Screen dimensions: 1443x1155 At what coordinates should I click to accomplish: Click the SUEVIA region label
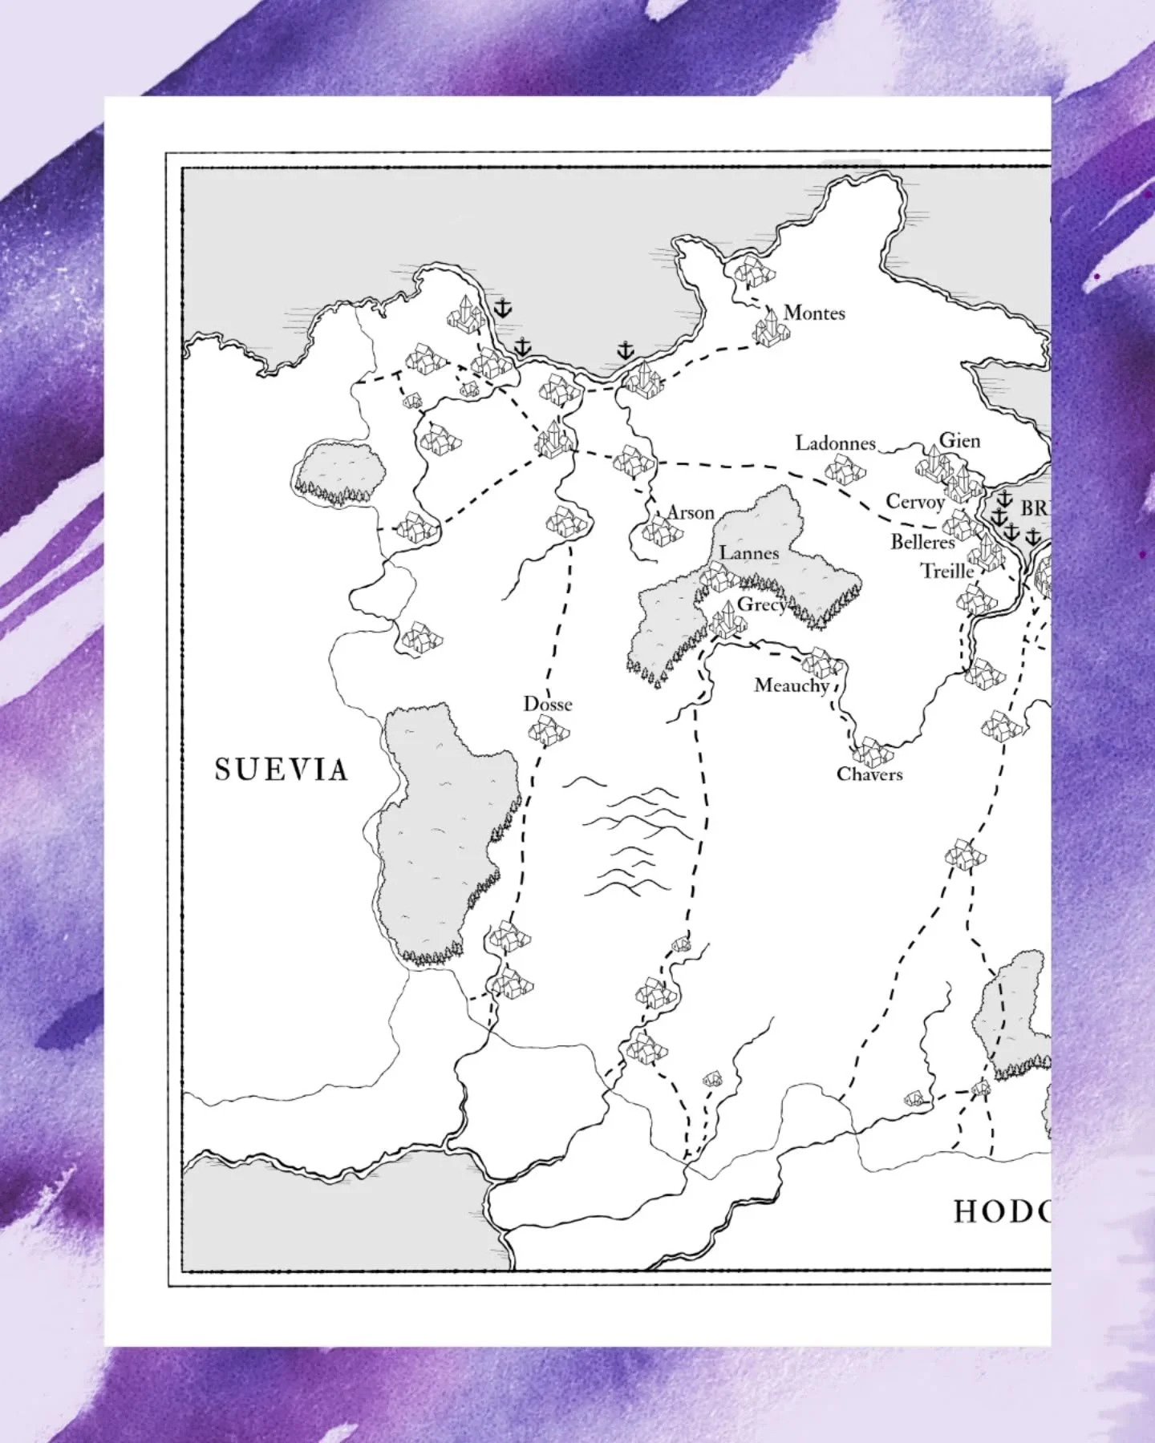pyautogui.click(x=282, y=770)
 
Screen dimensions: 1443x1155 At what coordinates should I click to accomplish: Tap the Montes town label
pyautogui.click(x=814, y=313)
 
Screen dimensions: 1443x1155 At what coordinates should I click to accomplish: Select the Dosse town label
pyautogui.click(x=548, y=704)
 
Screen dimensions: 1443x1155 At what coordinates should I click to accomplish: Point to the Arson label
pyautogui.click(x=691, y=512)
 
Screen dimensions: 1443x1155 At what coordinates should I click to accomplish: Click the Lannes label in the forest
pyautogui.click(x=749, y=552)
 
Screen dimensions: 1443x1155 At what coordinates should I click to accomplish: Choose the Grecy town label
pyautogui.click(x=761, y=604)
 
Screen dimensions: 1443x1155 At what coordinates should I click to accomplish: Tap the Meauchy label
pyautogui.click(x=791, y=685)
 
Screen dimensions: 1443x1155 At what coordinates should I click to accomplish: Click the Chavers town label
pyautogui.click(x=869, y=774)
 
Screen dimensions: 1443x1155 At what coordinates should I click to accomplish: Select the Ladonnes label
pyautogui.click(x=835, y=443)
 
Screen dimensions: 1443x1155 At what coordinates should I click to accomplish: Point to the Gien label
pyautogui.click(x=959, y=440)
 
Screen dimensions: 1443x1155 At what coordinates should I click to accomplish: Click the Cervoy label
pyautogui.click(x=915, y=502)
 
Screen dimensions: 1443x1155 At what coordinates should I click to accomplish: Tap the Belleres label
pyautogui.click(x=922, y=542)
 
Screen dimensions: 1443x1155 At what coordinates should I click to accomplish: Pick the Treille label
pyautogui.click(x=946, y=571)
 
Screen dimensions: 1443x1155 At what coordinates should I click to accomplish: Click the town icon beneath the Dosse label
pyautogui.click(x=549, y=730)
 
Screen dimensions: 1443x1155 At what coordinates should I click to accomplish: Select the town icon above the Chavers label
pyautogui.click(x=869, y=751)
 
